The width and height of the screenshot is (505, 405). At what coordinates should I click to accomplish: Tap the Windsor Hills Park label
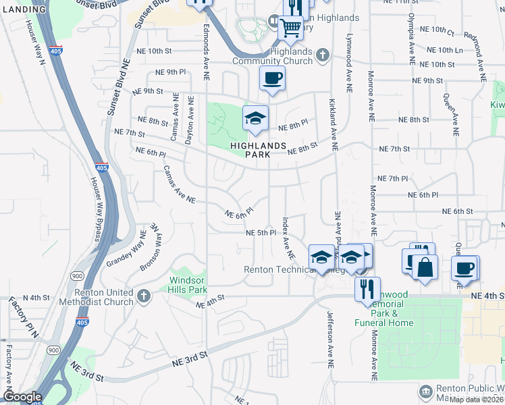(x=188, y=284)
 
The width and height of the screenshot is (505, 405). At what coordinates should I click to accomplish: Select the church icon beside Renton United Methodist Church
(x=143, y=296)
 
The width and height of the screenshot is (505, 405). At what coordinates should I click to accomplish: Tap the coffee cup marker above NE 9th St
(x=272, y=78)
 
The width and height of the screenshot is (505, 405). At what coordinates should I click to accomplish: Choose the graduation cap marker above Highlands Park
(x=255, y=119)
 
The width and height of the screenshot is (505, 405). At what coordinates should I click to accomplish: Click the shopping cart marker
(x=291, y=29)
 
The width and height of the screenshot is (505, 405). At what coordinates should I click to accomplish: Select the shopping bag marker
(x=425, y=267)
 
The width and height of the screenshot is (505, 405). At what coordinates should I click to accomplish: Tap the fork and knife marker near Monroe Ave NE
(x=367, y=289)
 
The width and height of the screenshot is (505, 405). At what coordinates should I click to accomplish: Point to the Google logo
(x=22, y=397)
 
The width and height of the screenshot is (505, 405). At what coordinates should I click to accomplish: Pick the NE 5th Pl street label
(x=261, y=232)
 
